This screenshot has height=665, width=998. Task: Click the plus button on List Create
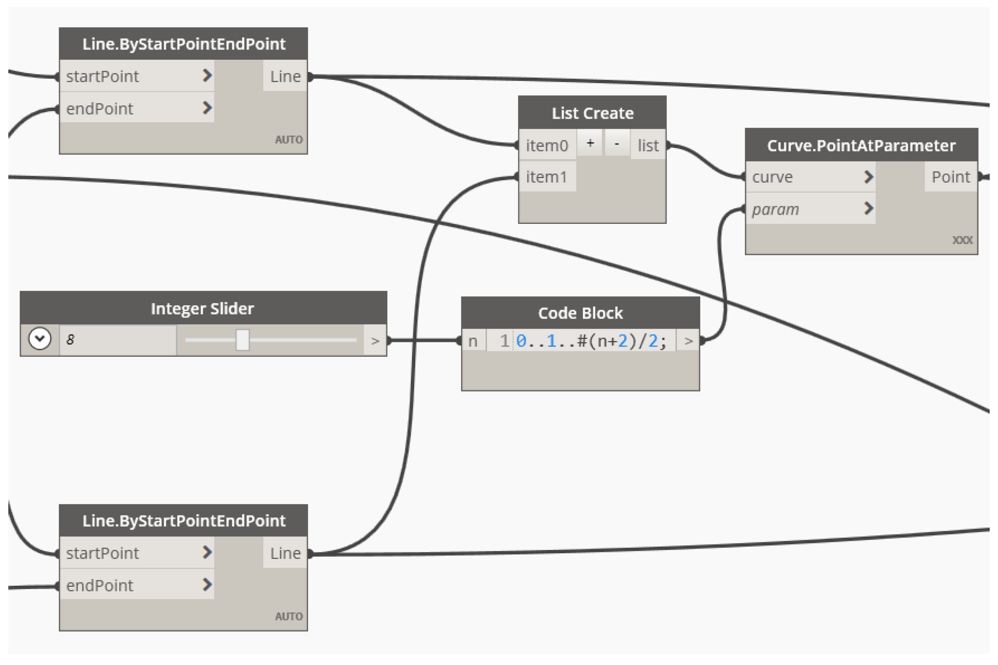coord(590,143)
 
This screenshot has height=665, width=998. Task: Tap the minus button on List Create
coord(617,143)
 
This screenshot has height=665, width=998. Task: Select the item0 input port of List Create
coord(547,145)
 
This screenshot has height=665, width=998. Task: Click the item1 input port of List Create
coord(546,177)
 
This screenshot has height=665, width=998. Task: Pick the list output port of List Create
coord(648,145)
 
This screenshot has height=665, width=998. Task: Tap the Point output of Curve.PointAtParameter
coord(950,177)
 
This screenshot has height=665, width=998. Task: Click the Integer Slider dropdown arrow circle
coord(39,339)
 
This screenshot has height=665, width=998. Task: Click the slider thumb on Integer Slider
coord(243,340)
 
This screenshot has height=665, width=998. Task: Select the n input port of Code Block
coord(473,341)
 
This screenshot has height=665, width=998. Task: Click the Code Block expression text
coord(591,341)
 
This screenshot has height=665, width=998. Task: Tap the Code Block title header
coord(580,313)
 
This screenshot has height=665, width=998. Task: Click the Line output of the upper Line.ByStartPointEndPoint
coord(285,76)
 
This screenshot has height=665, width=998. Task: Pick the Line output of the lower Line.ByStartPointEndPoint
coord(285,553)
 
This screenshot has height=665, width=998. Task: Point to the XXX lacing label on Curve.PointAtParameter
coord(962,240)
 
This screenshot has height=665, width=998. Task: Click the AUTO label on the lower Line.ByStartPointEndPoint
coord(288,616)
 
